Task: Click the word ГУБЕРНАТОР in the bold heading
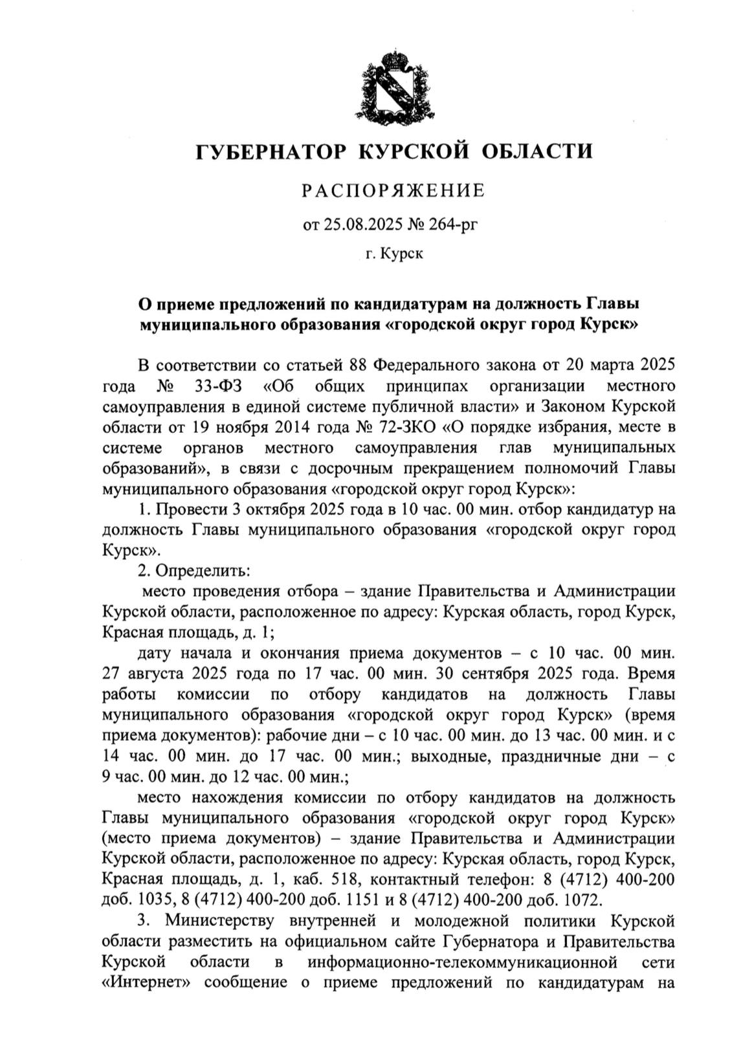pos(272,151)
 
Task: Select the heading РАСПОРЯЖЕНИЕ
pos(394,190)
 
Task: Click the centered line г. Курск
pos(394,254)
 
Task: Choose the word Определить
pos(201,571)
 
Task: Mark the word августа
pos(159,674)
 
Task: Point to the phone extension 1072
pos(581,900)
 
